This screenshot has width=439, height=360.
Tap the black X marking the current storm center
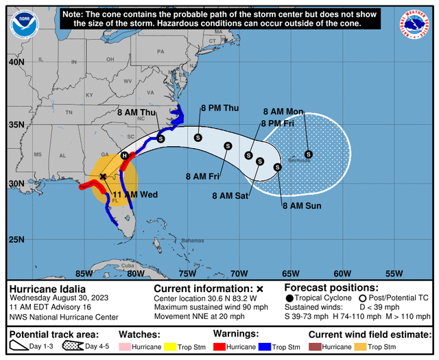pyautogui.click(x=103, y=177)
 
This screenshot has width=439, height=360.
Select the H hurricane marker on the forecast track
pyautogui.click(x=124, y=156)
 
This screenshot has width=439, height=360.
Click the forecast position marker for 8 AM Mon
pyautogui.click(x=309, y=154)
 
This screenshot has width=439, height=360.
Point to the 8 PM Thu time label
pyautogui.click(x=219, y=108)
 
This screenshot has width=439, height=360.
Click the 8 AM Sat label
pyautogui.click(x=231, y=195)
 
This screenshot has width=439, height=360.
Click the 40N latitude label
pyautogui.click(x=16, y=62)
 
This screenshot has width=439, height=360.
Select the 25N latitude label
pyautogui.click(x=16, y=239)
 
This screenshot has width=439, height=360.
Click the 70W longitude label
pyautogui.click(x=239, y=273)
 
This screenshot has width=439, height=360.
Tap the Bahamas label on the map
pyautogui.click(x=192, y=241)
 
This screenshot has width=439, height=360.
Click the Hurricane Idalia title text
pyautogui.click(x=47, y=289)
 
